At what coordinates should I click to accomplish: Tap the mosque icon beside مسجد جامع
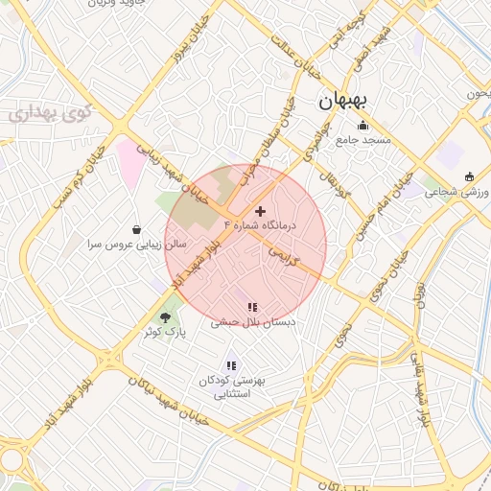tap(362, 126)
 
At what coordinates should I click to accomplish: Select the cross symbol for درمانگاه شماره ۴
tap(260, 211)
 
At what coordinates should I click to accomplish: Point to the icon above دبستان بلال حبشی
tap(251, 308)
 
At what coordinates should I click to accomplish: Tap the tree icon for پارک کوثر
tap(164, 316)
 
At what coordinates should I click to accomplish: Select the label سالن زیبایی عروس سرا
tap(135, 245)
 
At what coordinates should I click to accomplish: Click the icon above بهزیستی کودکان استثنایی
tap(230, 365)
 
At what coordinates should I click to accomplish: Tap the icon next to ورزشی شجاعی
tap(469, 176)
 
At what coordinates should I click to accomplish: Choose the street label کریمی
tap(284, 255)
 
